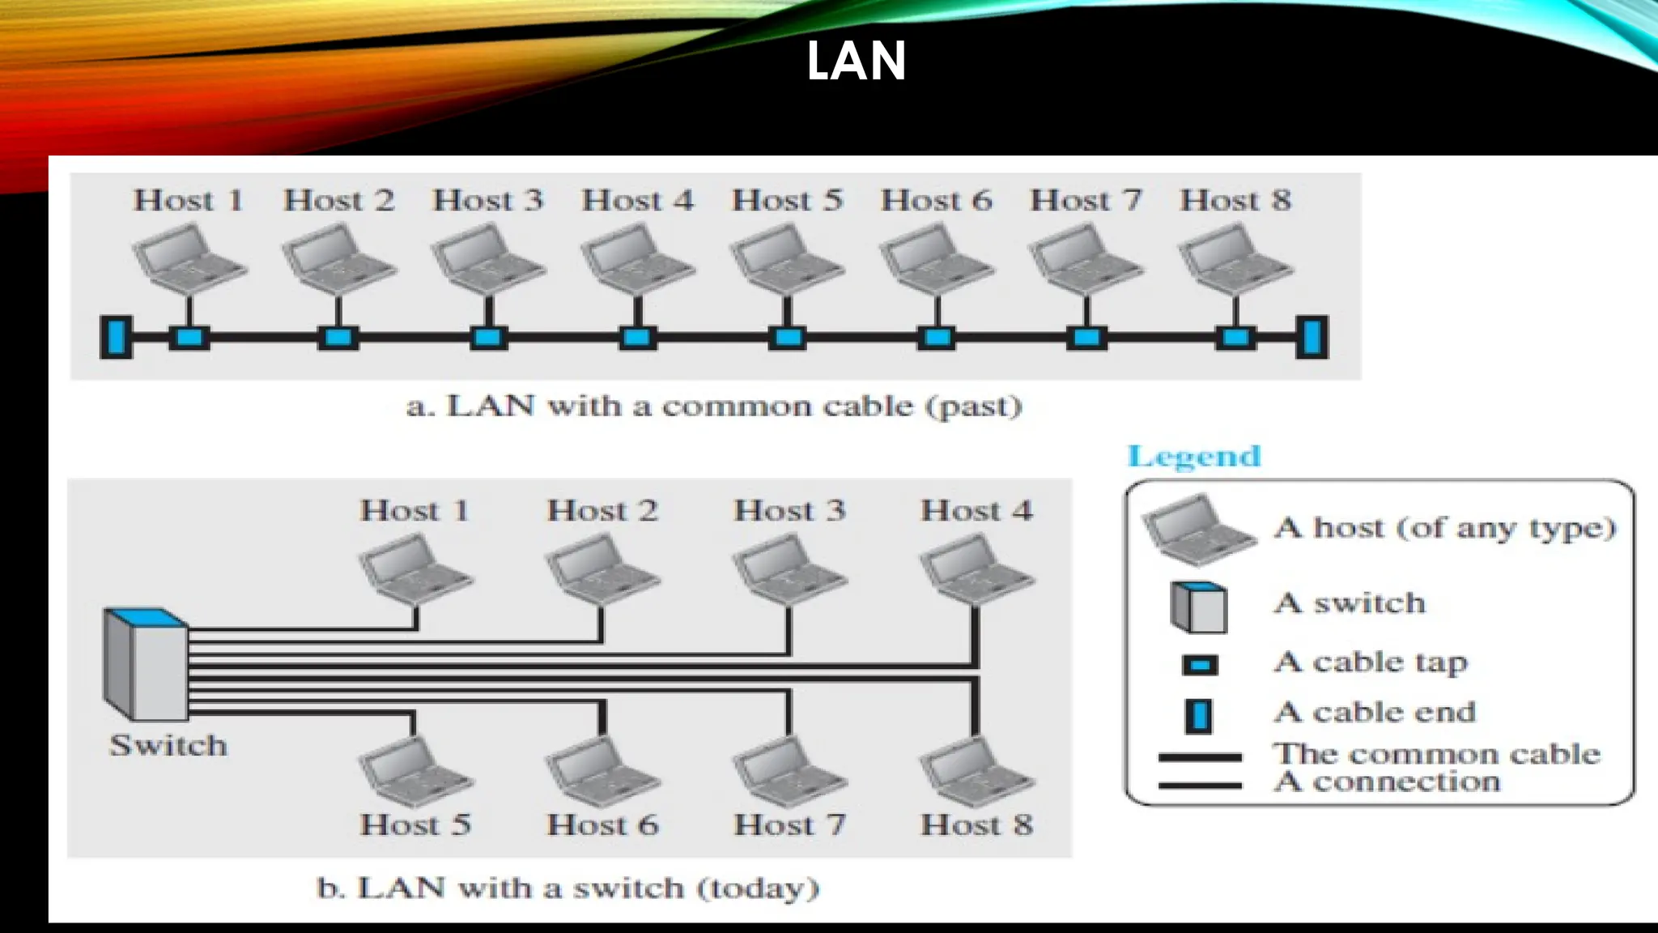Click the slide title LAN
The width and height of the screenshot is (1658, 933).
point(856,61)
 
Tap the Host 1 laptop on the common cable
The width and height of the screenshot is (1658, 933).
point(189,259)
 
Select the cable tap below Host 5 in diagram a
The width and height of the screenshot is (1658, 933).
point(787,337)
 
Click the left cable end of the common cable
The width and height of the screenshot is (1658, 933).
point(116,337)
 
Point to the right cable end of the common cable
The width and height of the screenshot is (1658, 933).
point(1312,337)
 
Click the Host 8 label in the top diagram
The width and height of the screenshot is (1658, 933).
point(1235,200)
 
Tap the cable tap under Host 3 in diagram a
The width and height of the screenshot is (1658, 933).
point(488,337)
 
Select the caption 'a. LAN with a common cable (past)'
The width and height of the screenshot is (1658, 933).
point(714,406)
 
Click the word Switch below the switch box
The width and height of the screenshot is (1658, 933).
point(168,745)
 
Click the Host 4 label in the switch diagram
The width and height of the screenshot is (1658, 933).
point(976,511)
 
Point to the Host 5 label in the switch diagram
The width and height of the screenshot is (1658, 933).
point(415,824)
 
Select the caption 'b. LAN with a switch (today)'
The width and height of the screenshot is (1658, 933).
point(568,888)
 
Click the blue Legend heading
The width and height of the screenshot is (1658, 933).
point(1194,457)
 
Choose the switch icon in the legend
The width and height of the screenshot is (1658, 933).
point(1198,607)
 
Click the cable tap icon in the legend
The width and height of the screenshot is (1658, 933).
point(1200,666)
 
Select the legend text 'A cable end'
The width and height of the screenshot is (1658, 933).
point(1374,712)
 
